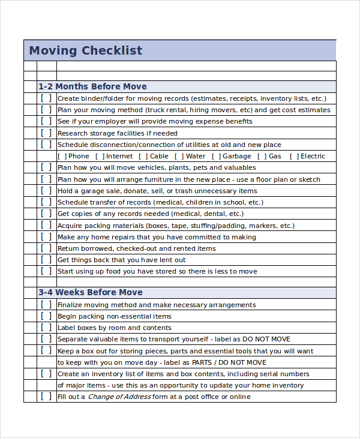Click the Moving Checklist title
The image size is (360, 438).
[86, 50]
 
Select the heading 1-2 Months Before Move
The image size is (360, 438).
[92, 86]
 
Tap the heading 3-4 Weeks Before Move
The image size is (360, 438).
[91, 292]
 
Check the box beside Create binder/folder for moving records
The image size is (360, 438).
[46, 98]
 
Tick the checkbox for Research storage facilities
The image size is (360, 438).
[46, 133]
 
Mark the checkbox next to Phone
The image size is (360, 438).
[62, 156]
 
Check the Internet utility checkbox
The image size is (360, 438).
[100, 156]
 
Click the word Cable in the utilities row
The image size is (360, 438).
[159, 156]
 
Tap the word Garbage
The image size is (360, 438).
[236, 156]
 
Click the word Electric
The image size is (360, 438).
[313, 156]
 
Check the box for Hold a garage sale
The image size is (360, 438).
[46, 191]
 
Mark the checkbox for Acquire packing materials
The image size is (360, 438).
[46, 226]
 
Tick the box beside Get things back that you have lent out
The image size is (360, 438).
[46, 260]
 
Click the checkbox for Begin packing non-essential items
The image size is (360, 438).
[46, 316]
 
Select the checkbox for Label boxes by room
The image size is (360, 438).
[46, 328]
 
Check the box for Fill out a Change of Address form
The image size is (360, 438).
[46, 397]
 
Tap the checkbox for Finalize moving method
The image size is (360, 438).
[46, 305]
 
